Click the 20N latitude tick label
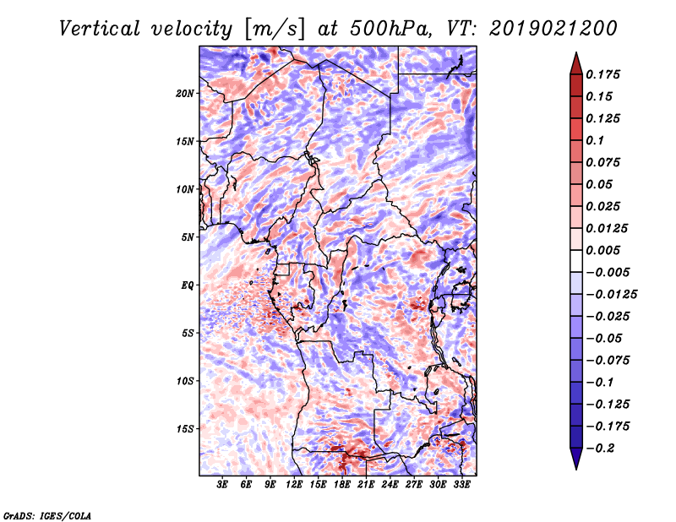click(x=185, y=94)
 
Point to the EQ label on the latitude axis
click(x=187, y=285)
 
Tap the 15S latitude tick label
click(x=185, y=429)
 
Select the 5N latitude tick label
click(x=188, y=237)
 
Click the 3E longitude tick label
click(x=222, y=485)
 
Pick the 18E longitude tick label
click(x=342, y=485)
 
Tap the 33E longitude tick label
click(x=461, y=485)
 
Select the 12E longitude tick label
click(x=294, y=485)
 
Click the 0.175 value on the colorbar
click(x=602, y=75)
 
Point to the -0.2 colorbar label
click(x=601, y=449)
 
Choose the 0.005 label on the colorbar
click(x=602, y=250)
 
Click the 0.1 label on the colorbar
click(x=595, y=141)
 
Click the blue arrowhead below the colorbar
click(x=576, y=459)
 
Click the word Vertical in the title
click(x=100, y=29)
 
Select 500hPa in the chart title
click(x=390, y=29)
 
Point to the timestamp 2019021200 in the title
click(x=553, y=29)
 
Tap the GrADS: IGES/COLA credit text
click(x=47, y=516)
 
